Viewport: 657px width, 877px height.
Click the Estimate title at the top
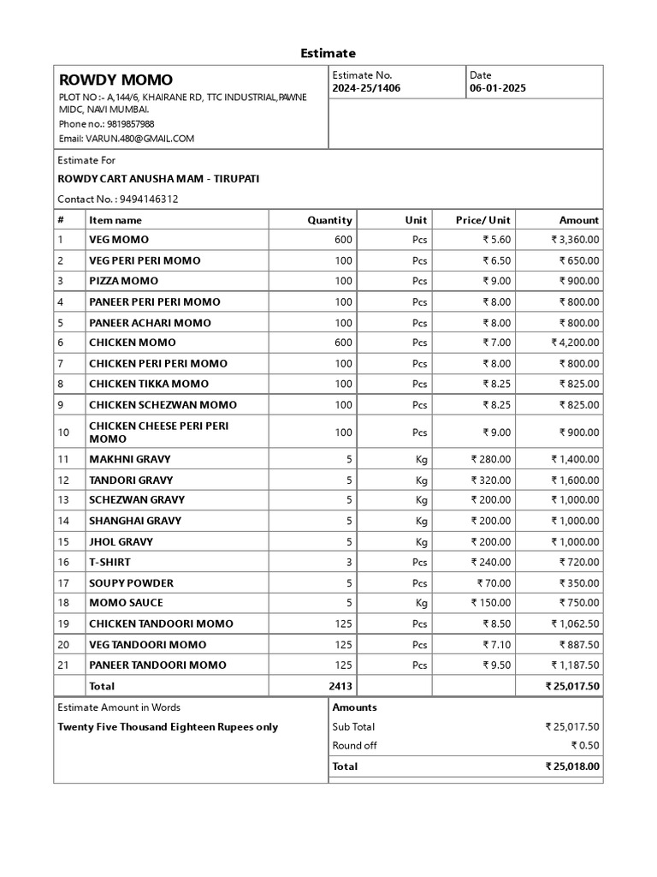(x=328, y=53)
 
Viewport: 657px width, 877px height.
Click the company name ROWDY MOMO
(x=115, y=81)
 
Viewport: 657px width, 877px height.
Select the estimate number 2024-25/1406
(x=366, y=88)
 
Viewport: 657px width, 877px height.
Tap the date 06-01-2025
(x=498, y=88)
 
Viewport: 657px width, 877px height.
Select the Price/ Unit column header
(x=482, y=220)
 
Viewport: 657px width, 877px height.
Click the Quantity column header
(x=329, y=220)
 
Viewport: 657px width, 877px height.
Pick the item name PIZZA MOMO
(x=123, y=281)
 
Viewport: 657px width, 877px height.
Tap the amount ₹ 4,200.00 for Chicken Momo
(x=575, y=343)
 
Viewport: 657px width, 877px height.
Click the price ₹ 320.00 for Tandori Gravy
(x=491, y=480)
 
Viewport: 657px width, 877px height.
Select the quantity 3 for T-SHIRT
(x=349, y=562)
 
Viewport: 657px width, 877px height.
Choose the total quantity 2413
(x=340, y=686)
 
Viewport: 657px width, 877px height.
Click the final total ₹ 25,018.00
(x=572, y=767)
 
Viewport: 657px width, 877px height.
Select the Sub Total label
(x=353, y=726)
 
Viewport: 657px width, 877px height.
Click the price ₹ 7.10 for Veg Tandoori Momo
(x=496, y=644)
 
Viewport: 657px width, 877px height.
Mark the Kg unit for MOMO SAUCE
(x=421, y=603)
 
